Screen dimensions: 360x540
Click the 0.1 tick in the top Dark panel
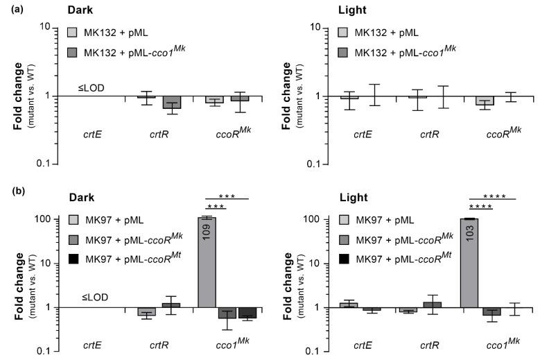tap(51, 164)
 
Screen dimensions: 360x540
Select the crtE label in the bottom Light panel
tap(358, 344)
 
